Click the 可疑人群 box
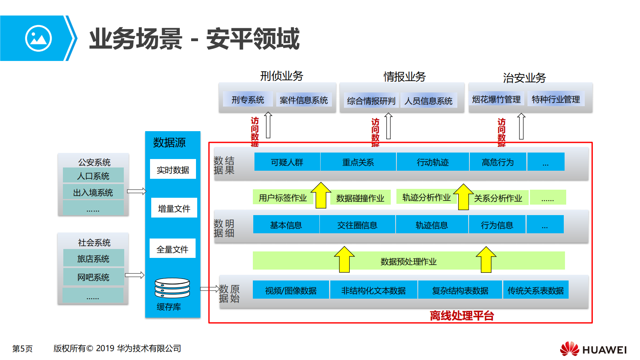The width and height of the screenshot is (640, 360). coord(287,162)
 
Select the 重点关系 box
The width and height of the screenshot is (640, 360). coord(358,162)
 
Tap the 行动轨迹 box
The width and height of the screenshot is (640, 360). coord(433,162)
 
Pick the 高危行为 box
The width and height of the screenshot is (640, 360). coord(498,162)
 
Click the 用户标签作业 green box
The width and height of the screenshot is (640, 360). coord(282,198)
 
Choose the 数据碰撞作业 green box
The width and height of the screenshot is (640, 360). coord(360,198)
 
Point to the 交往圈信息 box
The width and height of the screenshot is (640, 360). coord(357,225)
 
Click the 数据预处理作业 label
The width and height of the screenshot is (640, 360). coord(409,262)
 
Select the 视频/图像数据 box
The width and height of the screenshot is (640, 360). coord(291,290)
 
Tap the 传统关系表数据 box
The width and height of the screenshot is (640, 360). coord(536,290)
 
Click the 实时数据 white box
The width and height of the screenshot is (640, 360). coord(173,170)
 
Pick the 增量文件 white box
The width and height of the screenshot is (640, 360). coord(174,208)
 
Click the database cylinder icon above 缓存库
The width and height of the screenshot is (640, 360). coord(172,288)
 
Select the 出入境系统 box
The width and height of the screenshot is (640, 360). coord(93,193)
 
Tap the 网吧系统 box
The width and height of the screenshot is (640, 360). coord(93,277)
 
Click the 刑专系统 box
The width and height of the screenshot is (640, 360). coord(248,100)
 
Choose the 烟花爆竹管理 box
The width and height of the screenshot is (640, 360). coord(496,99)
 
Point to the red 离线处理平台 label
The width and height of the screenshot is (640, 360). coord(462,316)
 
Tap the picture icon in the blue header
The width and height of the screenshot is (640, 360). coord(38,38)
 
